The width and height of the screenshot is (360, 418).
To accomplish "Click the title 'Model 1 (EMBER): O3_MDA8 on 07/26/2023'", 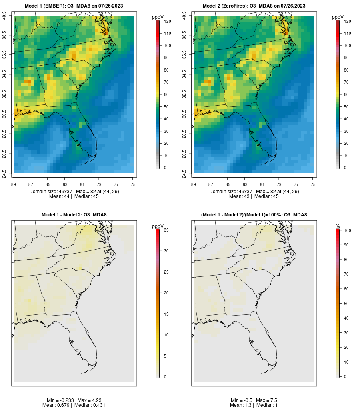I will [74, 6].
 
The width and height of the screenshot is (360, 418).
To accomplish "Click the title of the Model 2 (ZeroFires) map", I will [254, 6].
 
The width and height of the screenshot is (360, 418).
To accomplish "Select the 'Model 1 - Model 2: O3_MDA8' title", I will [74, 215].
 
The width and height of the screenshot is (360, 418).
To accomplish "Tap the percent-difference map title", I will [254, 215].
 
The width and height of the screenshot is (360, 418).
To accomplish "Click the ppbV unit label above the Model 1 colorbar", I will [158, 17].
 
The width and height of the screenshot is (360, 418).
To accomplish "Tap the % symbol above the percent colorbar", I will [338, 226].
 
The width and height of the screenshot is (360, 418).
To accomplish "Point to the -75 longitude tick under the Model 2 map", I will [312, 184].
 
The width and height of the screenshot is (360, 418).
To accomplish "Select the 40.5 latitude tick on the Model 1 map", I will [4, 16].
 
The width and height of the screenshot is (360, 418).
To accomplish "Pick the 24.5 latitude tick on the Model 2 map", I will [184, 173].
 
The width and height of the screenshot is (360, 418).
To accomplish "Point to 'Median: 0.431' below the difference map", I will [88, 405].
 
